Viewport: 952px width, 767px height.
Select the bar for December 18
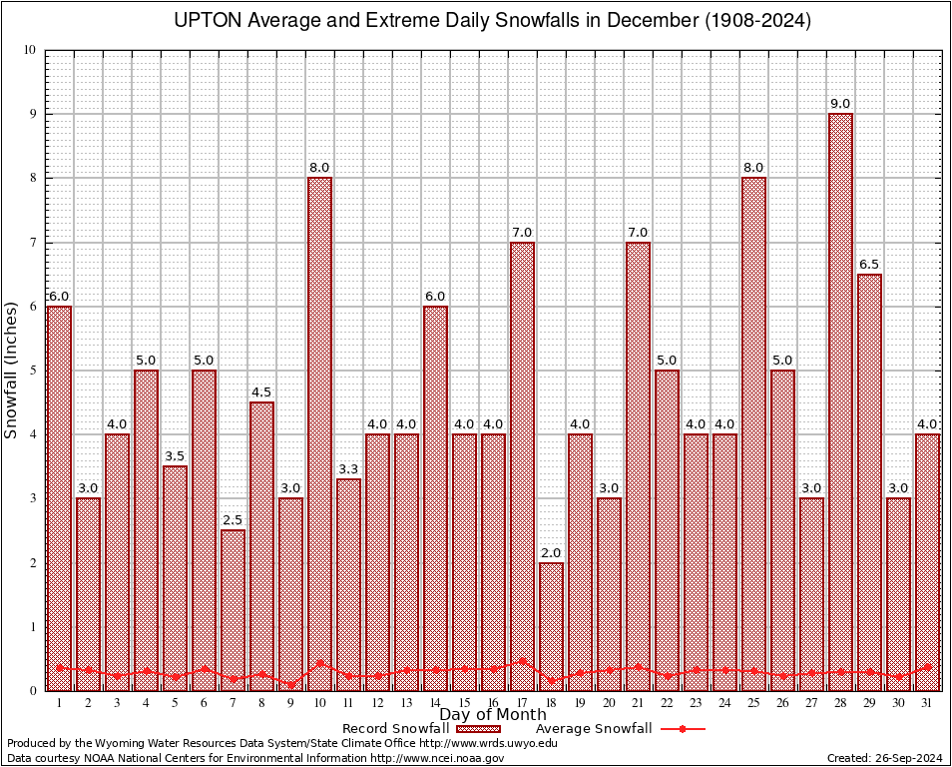(551, 626)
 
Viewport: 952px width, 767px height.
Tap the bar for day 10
(319, 433)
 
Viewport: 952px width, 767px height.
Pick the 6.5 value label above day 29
(869, 265)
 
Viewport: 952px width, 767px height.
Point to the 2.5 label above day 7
(233, 520)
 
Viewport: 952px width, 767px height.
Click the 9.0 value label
(840, 104)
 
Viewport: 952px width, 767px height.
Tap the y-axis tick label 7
(32, 243)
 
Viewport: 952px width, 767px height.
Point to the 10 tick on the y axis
(29, 50)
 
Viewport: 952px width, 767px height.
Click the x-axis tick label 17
(522, 703)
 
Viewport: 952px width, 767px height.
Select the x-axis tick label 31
(928, 703)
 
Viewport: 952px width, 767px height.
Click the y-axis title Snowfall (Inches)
(11, 370)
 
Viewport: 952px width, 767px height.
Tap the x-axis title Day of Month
(492, 715)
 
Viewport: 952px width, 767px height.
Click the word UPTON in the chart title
(207, 21)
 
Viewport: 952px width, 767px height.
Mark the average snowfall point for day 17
(522, 660)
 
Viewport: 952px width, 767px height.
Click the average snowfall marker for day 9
(290, 685)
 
